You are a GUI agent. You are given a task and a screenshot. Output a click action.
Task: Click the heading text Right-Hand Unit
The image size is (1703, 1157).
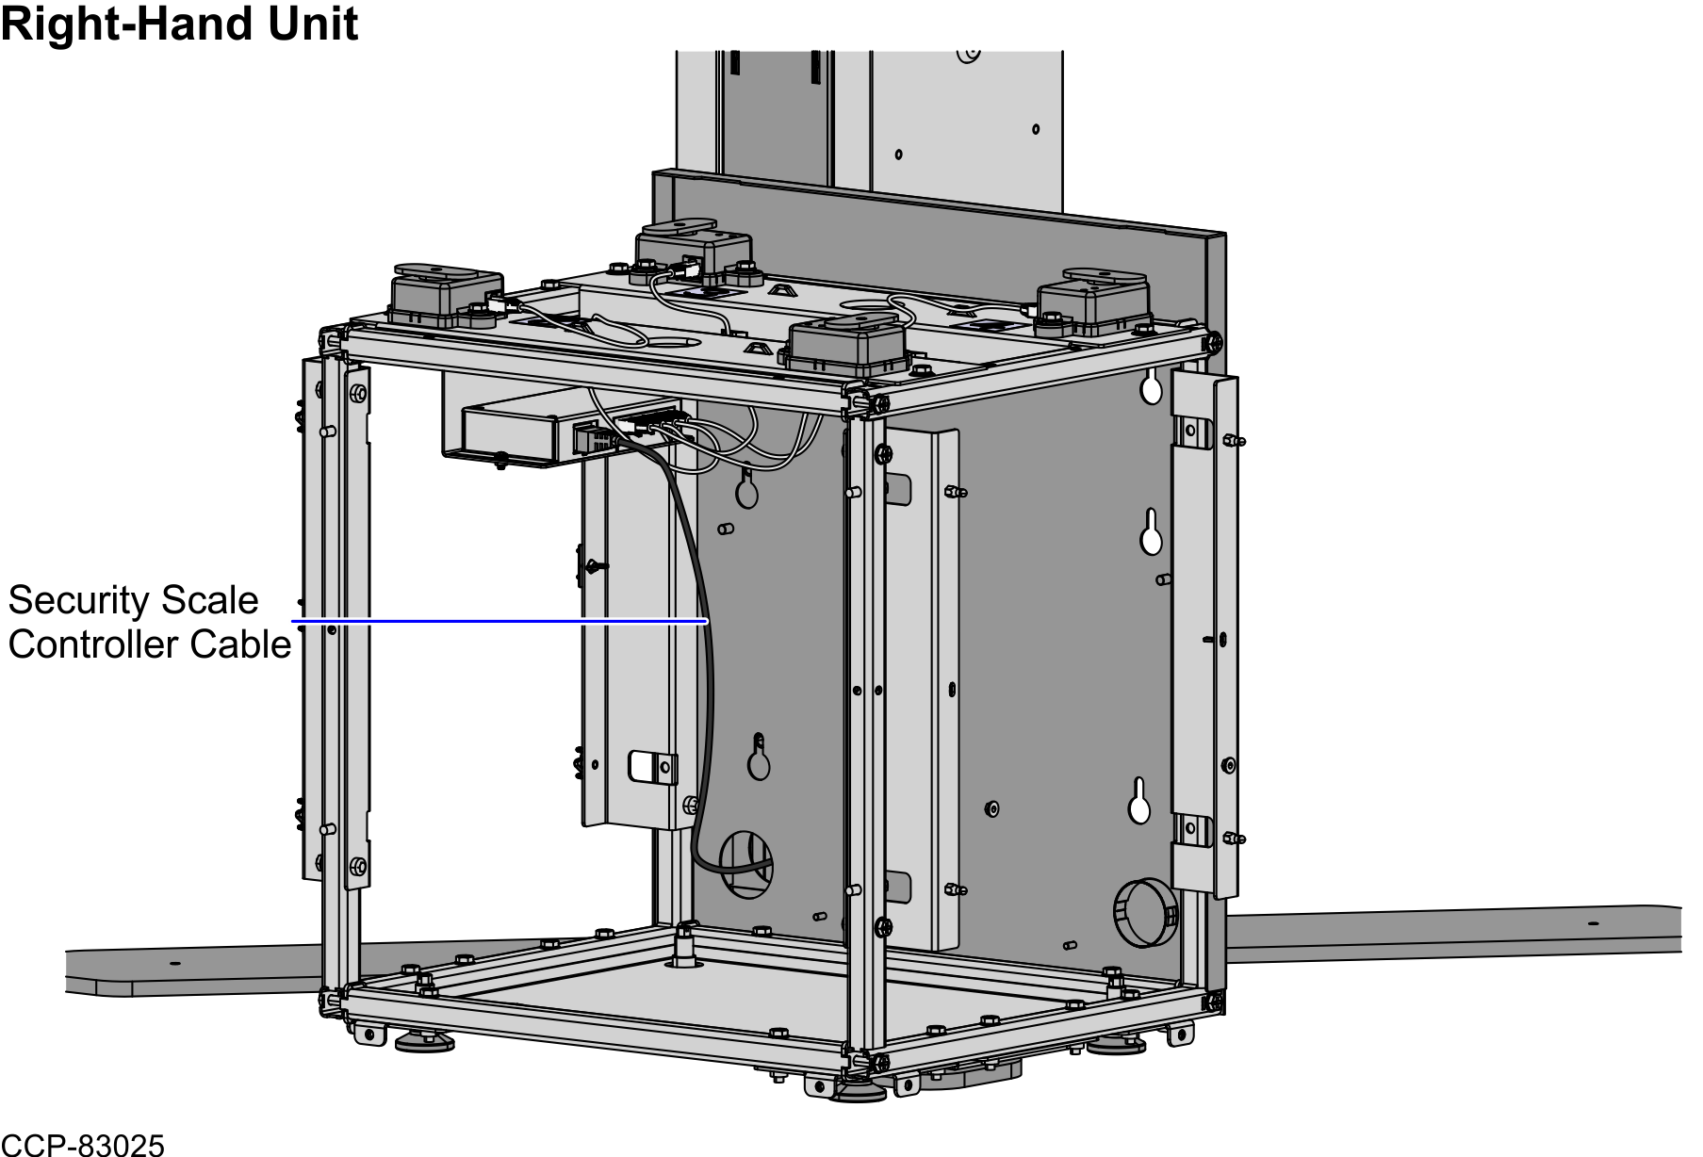click(x=179, y=24)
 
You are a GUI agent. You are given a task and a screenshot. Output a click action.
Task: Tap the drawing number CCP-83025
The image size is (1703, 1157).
click(x=83, y=1144)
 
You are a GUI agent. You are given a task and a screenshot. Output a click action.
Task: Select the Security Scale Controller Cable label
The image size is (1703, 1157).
click(x=149, y=623)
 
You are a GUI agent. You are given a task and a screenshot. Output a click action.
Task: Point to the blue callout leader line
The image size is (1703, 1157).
click(x=499, y=621)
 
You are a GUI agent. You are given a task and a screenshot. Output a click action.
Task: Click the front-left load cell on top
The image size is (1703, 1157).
click(x=446, y=294)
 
